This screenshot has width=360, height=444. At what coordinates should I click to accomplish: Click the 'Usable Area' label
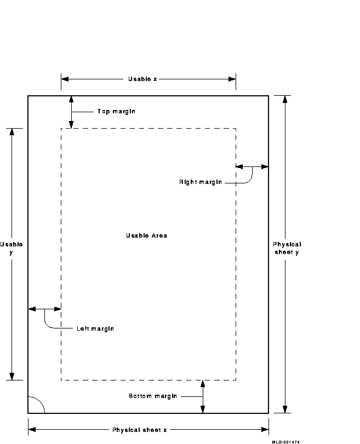coord(146,235)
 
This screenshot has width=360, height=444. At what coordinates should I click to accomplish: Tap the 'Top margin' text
coord(116,112)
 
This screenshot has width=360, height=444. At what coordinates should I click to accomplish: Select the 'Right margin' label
coord(201,182)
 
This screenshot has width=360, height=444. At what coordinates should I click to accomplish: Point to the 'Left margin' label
coord(95,328)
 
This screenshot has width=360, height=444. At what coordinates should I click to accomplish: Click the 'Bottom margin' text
coord(153,396)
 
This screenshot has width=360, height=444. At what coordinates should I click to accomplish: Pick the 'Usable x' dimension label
coord(142,79)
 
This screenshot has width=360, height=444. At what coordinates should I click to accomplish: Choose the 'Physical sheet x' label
coord(140,430)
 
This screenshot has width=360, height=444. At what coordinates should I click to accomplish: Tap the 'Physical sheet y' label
coord(287,249)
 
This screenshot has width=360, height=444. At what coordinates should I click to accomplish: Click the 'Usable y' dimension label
coord(12,249)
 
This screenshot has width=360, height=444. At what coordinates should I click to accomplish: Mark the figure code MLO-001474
coord(285,442)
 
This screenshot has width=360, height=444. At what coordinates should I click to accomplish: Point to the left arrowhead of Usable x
coord(65,79)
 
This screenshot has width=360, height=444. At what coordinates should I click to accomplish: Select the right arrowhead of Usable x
coord(232,79)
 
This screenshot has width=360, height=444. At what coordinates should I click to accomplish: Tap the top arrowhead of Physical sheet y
coord(285,100)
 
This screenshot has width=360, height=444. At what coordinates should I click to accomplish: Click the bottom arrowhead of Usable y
coord(12,376)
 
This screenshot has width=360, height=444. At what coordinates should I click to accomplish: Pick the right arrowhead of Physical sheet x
coord(265,430)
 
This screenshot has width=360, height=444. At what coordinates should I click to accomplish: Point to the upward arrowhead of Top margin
coord(71,100)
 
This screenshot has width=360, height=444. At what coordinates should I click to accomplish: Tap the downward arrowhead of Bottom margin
coord(203,410)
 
